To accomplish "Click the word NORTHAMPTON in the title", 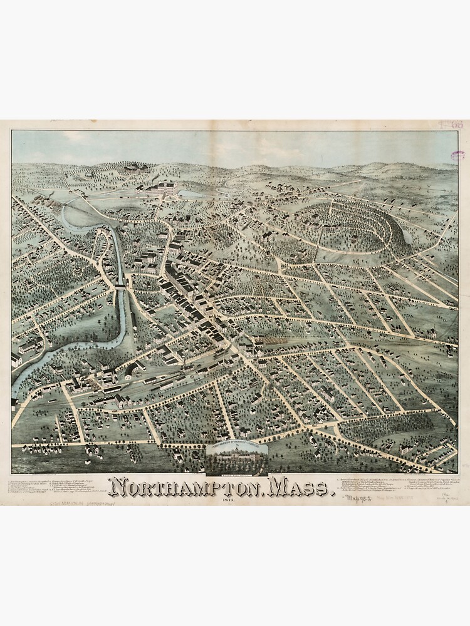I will pyautogui.click(x=184, y=486).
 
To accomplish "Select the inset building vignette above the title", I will pyautogui.click(x=238, y=458).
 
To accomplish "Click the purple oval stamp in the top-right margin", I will pyautogui.click(x=458, y=156).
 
